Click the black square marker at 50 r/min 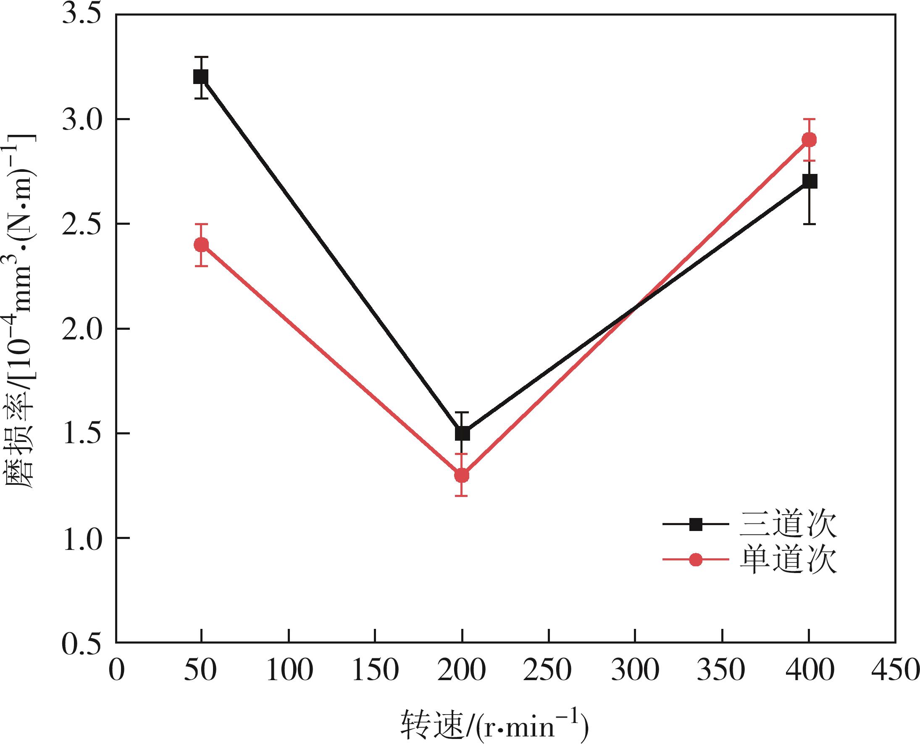click(200, 77)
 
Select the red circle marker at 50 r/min click(201, 245)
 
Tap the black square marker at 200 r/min click(462, 433)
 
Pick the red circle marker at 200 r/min click(462, 475)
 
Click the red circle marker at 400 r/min click(809, 140)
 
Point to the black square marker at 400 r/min click(810, 181)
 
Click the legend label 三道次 click(788, 524)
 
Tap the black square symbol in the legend click(696, 524)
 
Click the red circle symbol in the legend click(696, 560)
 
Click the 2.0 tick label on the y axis click(81, 329)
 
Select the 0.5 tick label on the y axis click(81, 643)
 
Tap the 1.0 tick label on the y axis click(81, 539)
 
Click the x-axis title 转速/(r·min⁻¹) click(495, 725)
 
